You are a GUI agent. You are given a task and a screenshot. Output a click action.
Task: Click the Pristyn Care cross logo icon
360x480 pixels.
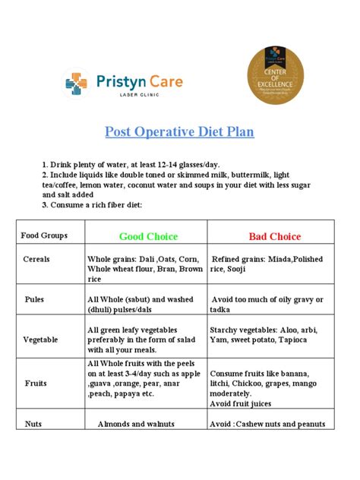tap(76, 84)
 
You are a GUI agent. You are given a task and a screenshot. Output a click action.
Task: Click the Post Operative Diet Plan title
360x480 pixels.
tap(179, 131)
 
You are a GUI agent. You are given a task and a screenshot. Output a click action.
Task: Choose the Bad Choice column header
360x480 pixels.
tap(274, 236)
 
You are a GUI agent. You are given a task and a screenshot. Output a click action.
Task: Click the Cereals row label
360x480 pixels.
tap(36, 259)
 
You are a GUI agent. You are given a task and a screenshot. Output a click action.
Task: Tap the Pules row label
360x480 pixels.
tap(36, 300)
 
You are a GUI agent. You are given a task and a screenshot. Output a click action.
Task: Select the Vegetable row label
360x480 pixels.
tap(40, 339)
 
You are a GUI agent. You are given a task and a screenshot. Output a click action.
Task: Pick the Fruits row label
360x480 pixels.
tap(35, 384)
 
